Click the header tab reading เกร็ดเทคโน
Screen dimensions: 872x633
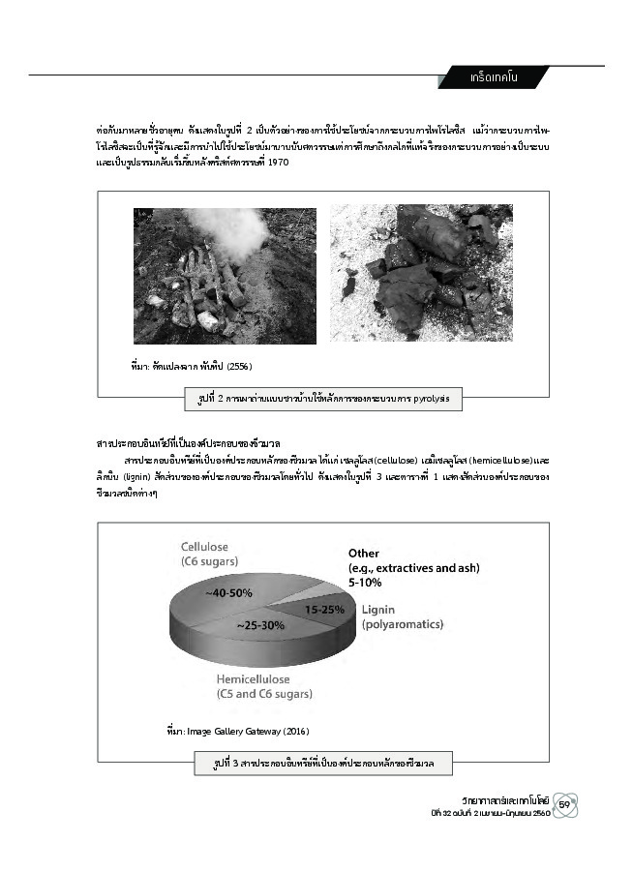pos(493,77)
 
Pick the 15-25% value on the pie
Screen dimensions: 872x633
pos(325,611)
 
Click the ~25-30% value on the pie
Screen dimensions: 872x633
pos(259,626)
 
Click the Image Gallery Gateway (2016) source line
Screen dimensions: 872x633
pos(237,731)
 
